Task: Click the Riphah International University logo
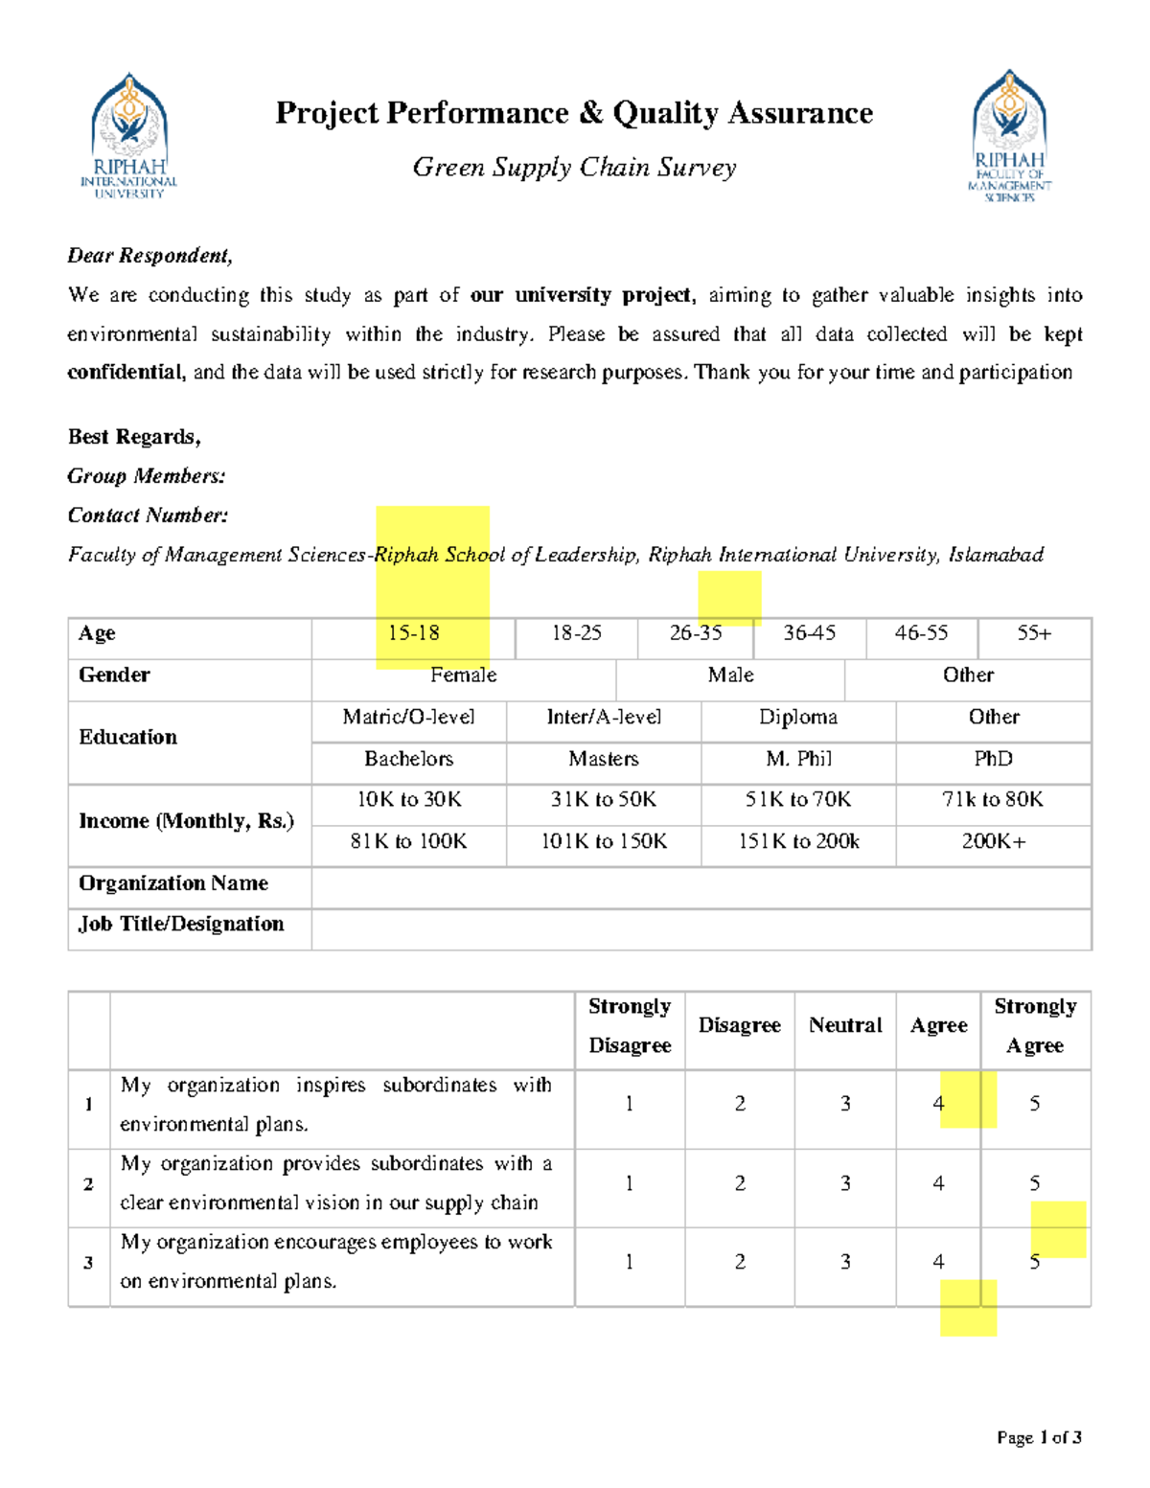coord(129,135)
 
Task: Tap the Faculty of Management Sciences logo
coord(1009,135)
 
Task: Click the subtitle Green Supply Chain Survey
coord(574,168)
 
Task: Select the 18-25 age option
coord(576,633)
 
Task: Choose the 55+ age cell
coord(1034,633)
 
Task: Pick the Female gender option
coord(463,675)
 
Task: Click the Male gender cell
coord(730,675)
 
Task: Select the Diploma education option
coord(798,718)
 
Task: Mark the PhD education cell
coord(993,759)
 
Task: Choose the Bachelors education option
coord(408,759)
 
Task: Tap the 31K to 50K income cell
coord(603,800)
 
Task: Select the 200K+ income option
coord(993,842)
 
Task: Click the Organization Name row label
coord(173,883)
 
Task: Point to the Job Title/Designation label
coord(181,925)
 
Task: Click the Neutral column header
coord(844,1025)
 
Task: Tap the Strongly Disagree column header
coord(630,1025)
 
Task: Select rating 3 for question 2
coord(845,1183)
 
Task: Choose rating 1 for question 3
coord(630,1262)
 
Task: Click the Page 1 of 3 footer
coord(1039,1437)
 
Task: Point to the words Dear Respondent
coord(149,256)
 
